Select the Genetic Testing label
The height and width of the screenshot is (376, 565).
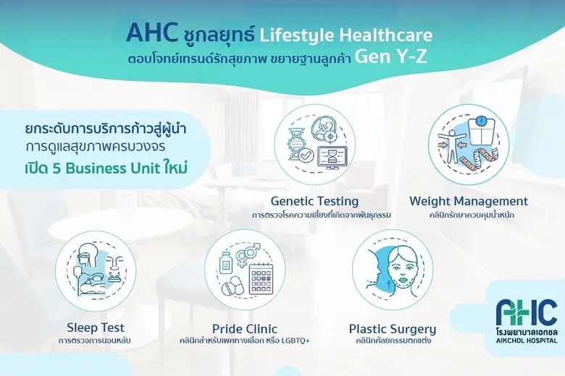pyautogui.click(x=315, y=201)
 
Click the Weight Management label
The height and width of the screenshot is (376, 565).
pyautogui.click(x=469, y=201)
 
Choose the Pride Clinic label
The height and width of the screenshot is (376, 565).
pyautogui.click(x=245, y=328)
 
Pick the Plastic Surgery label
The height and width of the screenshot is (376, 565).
pyautogui.click(x=393, y=328)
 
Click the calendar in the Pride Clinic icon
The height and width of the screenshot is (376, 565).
pyautogui.click(x=266, y=278)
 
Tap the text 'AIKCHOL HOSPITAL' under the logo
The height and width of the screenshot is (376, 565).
pyautogui.click(x=527, y=338)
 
